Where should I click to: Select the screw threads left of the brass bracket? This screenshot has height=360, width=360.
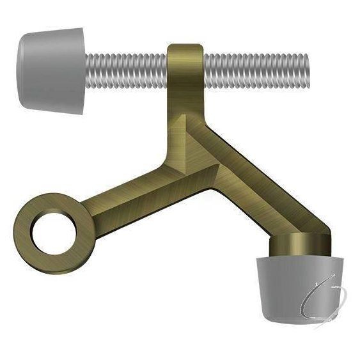click(x=128, y=65)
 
